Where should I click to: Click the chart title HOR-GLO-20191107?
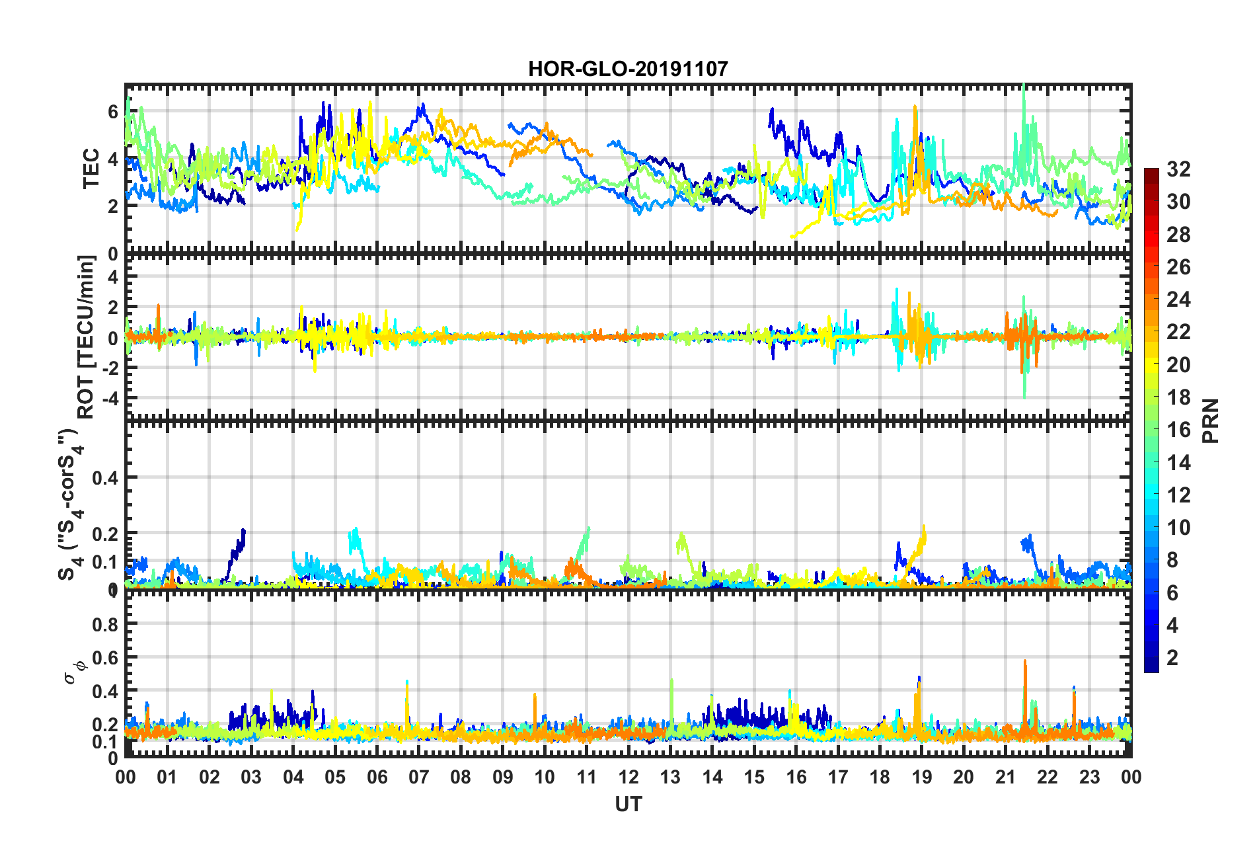tap(628, 69)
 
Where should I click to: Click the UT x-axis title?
tap(628, 804)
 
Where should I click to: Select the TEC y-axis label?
tap(91, 169)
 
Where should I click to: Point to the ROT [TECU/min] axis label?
tap(86, 337)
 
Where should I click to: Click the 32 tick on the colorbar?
tap(1178, 169)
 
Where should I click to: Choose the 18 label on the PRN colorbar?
tap(1178, 397)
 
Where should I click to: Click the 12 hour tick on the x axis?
tap(628, 777)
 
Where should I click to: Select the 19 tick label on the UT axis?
tap(922, 777)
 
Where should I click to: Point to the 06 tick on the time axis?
tap(377, 777)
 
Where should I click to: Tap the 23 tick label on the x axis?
tap(1090, 777)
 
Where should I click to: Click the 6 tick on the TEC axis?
tap(113, 112)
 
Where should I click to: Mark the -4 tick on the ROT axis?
tap(109, 399)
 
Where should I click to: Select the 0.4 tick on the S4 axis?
tap(105, 477)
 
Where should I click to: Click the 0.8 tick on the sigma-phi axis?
tap(105, 624)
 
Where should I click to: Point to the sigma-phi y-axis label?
tap(75, 670)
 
